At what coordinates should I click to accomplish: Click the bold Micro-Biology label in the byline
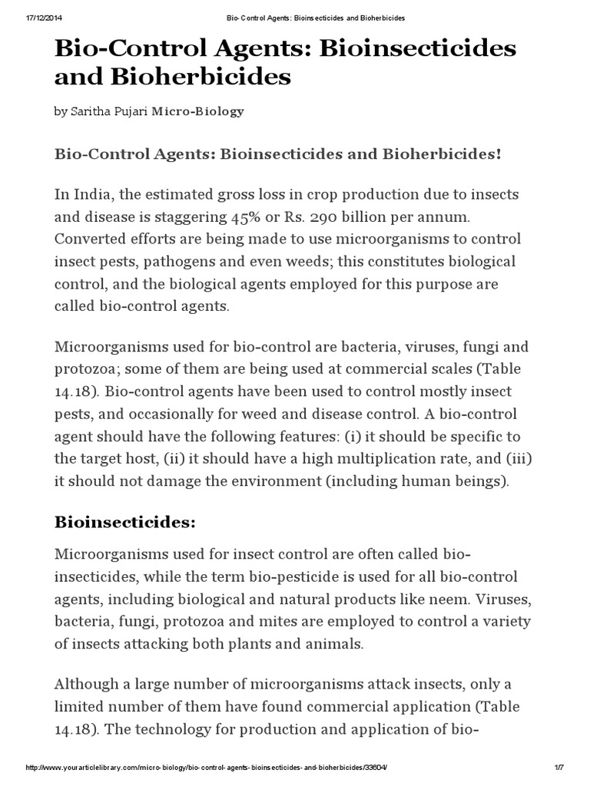[198, 111]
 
